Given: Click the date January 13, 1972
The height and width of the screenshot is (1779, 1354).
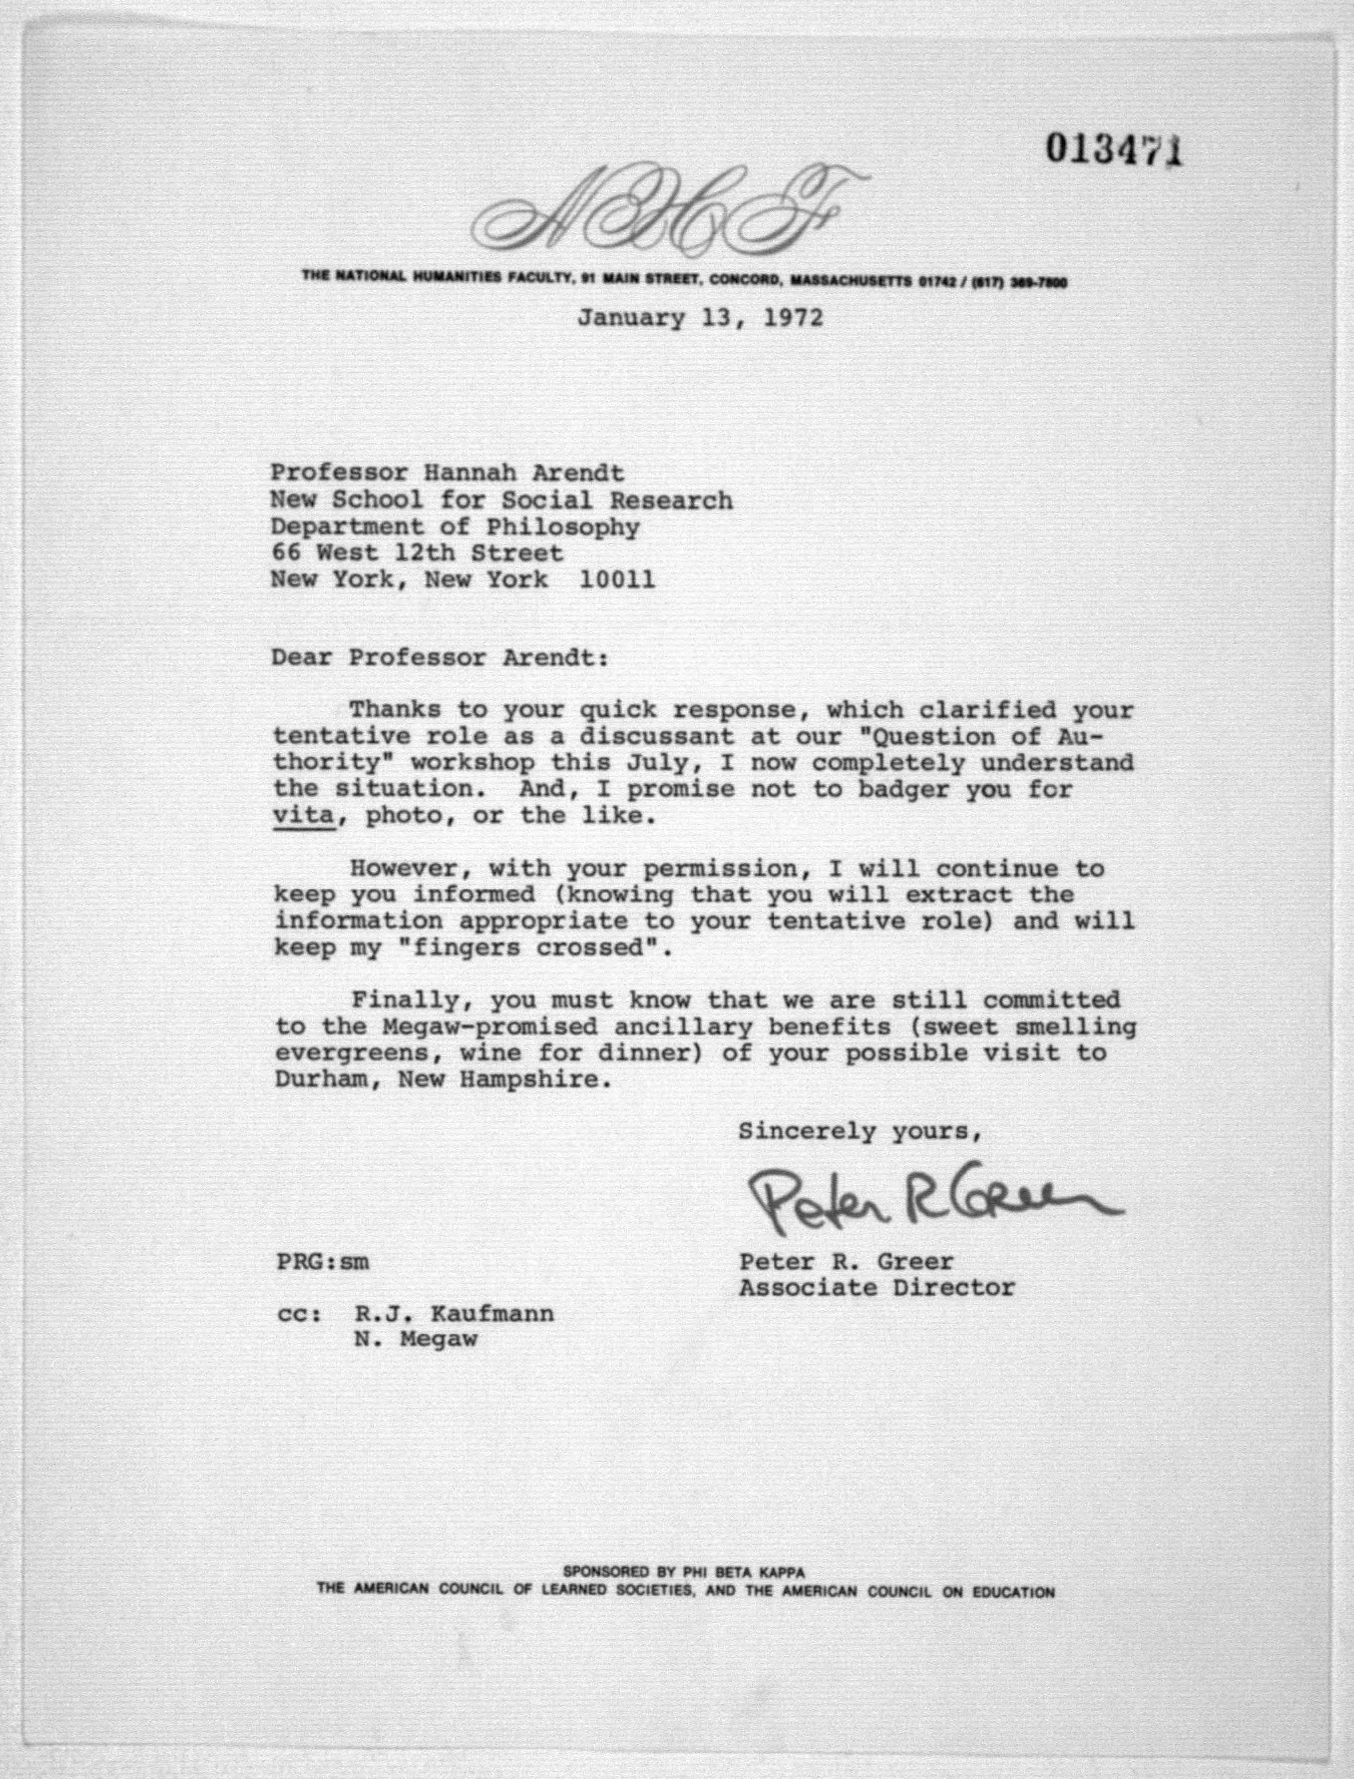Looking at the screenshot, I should [x=700, y=318].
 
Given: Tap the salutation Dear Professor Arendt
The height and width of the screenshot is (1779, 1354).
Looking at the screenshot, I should [x=440, y=658].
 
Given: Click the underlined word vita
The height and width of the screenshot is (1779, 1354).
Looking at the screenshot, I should [x=304, y=815].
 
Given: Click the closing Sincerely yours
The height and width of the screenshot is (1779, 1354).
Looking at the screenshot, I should [x=859, y=1132].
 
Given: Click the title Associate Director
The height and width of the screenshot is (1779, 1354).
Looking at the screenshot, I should [x=877, y=1287].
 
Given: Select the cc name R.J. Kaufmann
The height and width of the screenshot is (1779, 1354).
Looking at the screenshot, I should [x=453, y=1314].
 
